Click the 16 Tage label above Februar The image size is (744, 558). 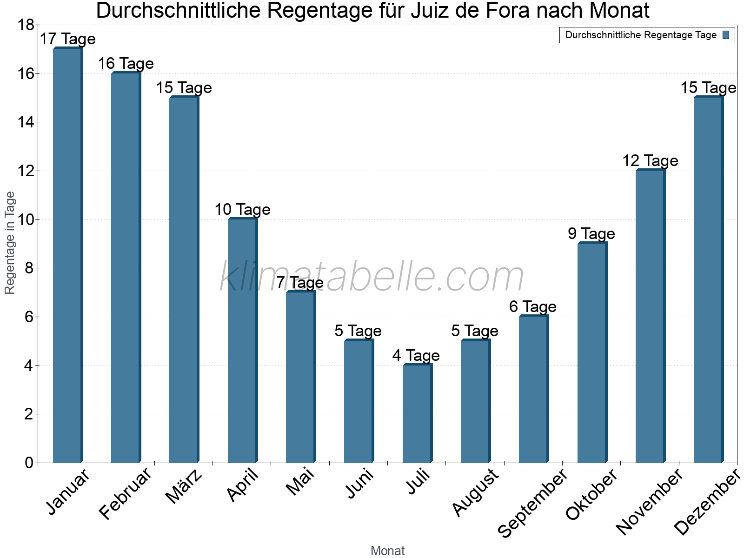point(126,64)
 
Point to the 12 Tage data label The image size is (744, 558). point(650,161)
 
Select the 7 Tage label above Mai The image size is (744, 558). point(300,283)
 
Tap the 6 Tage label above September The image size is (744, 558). point(532,307)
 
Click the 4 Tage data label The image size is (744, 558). point(416,356)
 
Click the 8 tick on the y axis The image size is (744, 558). point(28,268)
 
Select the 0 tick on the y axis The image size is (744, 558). point(28,463)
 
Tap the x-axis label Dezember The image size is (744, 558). point(707,502)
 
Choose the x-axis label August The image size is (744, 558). point(475,493)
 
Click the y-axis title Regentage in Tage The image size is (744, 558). point(10,243)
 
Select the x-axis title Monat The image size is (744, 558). point(387,551)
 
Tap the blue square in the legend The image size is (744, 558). point(726,35)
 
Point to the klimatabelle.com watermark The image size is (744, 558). point(372,276)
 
